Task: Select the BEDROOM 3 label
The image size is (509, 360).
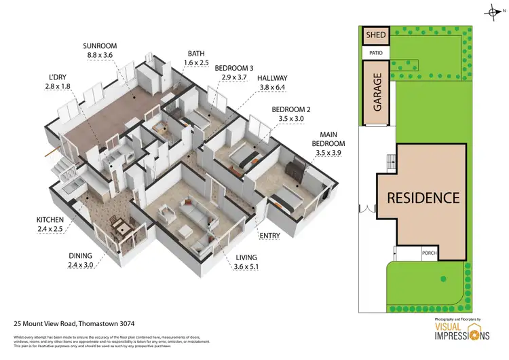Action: point(234,68)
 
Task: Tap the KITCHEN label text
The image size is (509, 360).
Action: point(50,220)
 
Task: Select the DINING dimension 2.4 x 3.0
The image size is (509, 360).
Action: point(82,265)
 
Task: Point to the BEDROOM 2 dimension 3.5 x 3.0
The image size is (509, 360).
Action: point(290,118)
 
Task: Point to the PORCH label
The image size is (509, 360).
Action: point(429,254)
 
